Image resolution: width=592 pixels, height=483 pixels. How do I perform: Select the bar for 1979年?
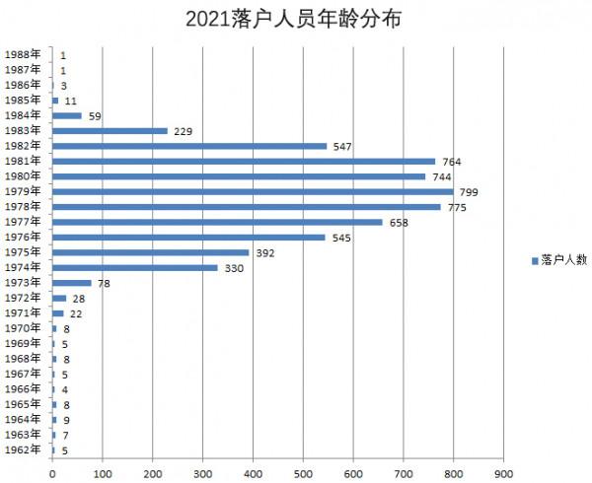[x=253, y=191]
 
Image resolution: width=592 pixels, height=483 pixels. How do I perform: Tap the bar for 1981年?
[x=244, y=161]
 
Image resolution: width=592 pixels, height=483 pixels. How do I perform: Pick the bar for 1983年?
[x=111, y=130]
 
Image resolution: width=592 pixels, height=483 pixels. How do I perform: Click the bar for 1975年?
[x=151, y=252]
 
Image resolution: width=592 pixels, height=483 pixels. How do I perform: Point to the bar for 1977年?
[x=217, y=222]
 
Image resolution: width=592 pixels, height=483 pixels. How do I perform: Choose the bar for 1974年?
[x=135, y=267]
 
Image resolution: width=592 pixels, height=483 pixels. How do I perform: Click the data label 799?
[x=469, y=192]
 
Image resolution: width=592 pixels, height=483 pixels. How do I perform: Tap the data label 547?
[x=342, y=146]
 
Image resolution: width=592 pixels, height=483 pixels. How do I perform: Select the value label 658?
[x=399, y=223]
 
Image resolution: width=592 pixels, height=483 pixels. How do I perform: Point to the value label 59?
[x=95, y=116]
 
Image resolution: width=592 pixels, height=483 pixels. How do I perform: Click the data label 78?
[x=104, y=284]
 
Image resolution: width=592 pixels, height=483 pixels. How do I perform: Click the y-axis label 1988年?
[x=23, y=55]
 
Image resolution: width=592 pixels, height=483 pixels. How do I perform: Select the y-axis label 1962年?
[x=23, y=450]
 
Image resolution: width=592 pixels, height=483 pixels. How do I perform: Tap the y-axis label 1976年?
[x=23, y=238]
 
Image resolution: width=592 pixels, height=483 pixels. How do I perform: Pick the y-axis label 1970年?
[x=23, y=328]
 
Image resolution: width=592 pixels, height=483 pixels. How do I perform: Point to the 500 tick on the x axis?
[x=303, y=473]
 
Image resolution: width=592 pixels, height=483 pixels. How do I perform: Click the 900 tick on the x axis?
[x=503, y=473]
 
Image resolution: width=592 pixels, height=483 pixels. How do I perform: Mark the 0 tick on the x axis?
[x=52, y=473]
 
